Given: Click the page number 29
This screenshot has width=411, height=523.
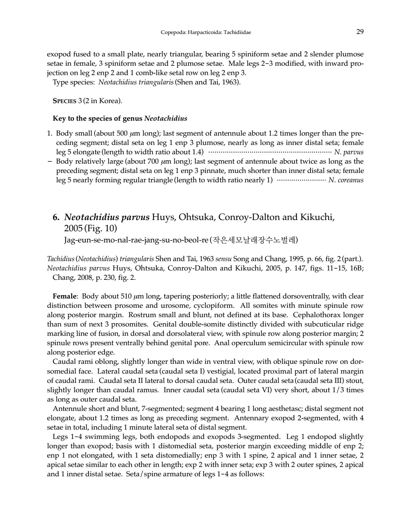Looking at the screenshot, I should click(360, 32).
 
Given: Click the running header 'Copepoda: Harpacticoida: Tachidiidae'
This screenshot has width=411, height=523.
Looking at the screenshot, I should click(206, 33).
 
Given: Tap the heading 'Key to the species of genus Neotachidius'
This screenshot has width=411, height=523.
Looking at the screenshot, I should click(120, 119).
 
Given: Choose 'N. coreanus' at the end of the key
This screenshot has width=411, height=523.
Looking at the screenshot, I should click(346, 180).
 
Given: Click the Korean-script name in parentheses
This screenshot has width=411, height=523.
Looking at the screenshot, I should click(254, 239).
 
